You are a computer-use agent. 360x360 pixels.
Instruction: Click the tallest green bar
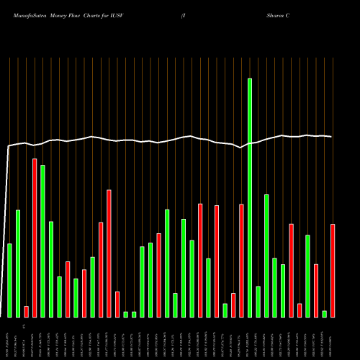coord(250,197)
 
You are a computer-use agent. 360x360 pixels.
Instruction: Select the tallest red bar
coord(35,238)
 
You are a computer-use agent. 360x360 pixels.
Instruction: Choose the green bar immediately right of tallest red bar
coord(42,240)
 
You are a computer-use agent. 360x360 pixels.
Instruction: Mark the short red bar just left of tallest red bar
coord(26,311)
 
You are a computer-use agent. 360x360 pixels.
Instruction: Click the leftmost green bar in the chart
coord(9,280)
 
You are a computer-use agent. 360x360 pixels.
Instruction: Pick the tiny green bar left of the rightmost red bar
coord(324,313)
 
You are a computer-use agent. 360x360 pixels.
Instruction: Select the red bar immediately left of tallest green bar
coord(241,260)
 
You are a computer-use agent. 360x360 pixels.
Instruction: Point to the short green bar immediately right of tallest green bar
coord(258,301)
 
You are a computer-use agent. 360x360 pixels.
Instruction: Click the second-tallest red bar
coord(109,253)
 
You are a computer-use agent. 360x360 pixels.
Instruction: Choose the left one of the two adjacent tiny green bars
coord(125,314)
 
